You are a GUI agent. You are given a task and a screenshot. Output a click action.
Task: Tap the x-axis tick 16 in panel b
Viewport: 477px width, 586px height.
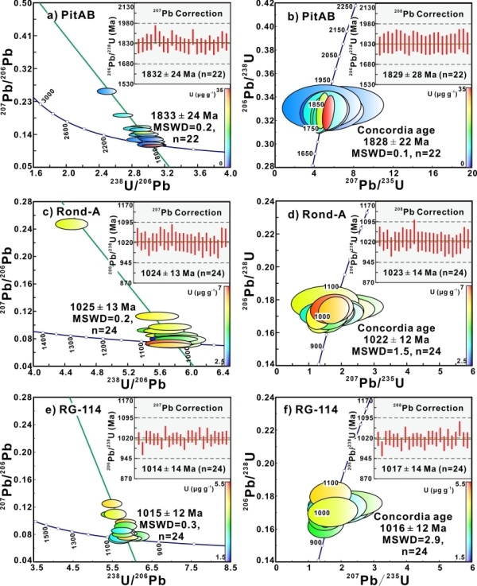pyautogui.click(x=431, y=173)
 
